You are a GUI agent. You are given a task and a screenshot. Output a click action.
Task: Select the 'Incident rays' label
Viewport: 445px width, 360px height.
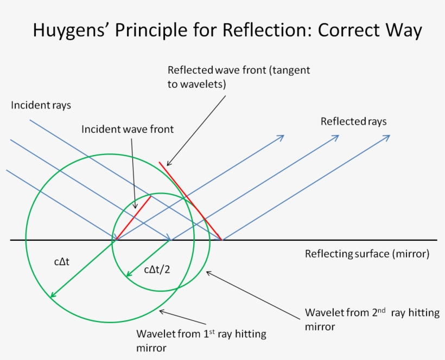41,105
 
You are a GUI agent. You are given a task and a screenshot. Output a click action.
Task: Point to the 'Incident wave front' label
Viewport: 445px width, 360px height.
128,130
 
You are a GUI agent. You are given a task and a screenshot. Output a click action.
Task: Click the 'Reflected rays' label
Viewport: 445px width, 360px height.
353,121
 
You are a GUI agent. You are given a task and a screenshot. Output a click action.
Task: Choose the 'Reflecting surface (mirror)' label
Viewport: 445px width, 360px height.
367,254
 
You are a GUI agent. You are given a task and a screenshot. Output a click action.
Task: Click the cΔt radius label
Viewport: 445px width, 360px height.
65,262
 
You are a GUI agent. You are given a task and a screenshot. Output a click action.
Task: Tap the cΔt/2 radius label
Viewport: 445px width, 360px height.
157,269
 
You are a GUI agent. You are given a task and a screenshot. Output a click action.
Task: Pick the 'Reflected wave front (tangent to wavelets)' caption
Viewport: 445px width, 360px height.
239,78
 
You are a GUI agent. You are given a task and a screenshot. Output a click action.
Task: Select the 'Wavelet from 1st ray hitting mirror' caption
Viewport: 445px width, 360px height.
201,340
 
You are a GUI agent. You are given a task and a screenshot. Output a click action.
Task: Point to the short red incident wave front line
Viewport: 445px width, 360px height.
133,217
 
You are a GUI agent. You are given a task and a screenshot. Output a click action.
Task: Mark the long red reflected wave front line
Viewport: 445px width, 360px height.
190,201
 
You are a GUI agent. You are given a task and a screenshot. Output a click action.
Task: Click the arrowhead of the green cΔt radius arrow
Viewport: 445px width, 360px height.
52,294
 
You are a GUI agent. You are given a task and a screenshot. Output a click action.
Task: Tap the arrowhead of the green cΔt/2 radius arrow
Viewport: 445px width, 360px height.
128,274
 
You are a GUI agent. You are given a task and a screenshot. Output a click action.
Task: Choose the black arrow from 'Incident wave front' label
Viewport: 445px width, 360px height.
132,173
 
